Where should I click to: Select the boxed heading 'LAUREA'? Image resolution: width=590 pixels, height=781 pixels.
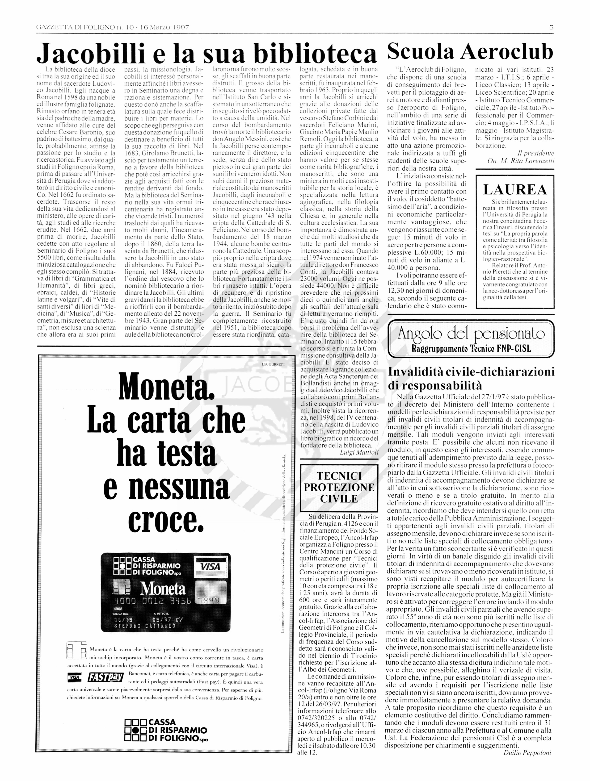(515, 190)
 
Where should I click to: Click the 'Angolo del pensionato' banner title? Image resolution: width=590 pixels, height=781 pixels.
(471, 334)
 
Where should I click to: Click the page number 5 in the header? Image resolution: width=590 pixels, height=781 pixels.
(551, 27)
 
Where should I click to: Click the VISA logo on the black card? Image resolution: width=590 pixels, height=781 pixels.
(210, 567)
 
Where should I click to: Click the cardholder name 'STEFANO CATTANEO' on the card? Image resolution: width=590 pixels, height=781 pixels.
(145, 626)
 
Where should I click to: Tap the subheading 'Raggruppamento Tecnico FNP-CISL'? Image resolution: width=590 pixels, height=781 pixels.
(471, 349)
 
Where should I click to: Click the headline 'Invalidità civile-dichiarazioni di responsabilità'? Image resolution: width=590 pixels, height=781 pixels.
(471, 378)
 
